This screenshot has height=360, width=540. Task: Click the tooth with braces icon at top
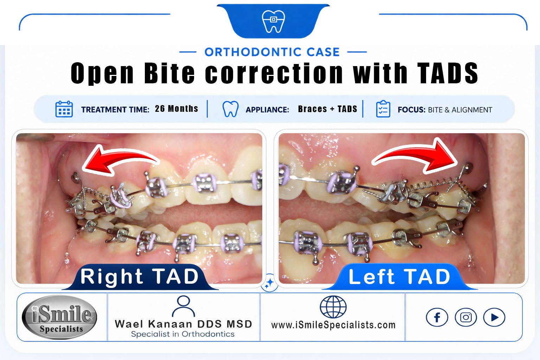coord(273,21)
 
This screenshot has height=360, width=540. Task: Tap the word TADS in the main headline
coord(448,73)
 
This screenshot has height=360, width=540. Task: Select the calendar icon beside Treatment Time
coord(64,109)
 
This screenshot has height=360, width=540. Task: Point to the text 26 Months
coord(176,109)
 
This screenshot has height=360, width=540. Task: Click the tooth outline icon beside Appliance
coord(230,109)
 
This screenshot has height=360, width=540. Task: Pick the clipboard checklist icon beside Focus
coord(383,109)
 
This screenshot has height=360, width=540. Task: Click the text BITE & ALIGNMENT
coord(460,110)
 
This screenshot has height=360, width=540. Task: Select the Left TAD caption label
coord(399,277)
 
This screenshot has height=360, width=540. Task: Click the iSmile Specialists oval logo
coord(59,317)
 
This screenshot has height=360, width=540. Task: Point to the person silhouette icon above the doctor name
coord(183,306)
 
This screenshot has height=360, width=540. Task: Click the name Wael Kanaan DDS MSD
coord(184,324)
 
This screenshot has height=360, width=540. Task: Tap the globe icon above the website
coord(333,307)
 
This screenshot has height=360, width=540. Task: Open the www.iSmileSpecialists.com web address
coord(333,325)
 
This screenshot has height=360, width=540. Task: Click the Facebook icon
coord(437,317)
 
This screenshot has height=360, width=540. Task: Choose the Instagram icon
coord(466,317)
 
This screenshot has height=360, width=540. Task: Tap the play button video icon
coord(494,317)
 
